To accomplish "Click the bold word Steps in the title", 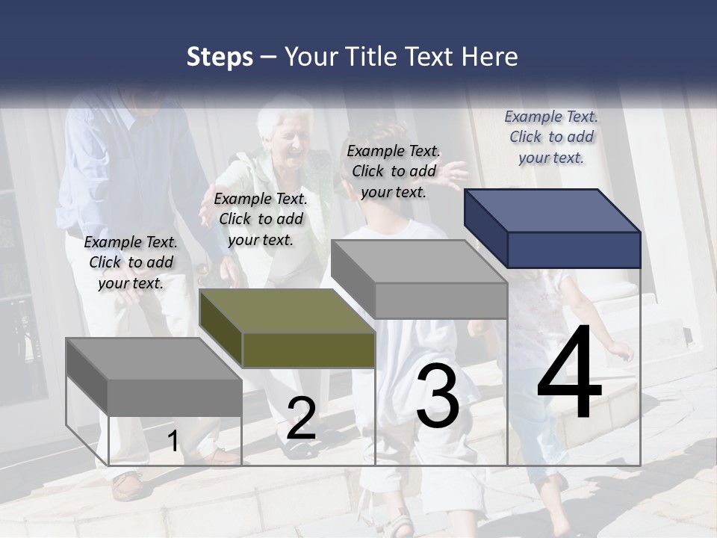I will (220, 58).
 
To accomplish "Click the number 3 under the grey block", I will (437, 396).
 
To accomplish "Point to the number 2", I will (301, 418).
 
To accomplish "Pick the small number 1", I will (173, 441).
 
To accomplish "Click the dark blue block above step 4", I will (553, 228).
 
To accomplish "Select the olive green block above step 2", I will (288, 329).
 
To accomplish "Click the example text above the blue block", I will (551, 137).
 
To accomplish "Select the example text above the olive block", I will (261, 219).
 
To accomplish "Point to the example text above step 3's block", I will (394, 171).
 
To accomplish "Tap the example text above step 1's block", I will (131, 262).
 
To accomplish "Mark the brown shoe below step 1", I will (127, 486).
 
